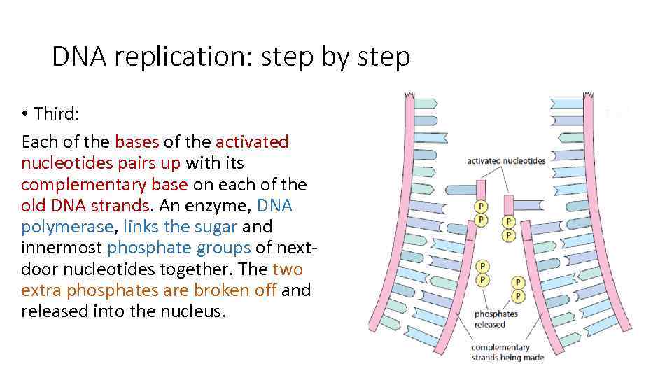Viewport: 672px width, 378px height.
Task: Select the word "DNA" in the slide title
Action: point(78,57)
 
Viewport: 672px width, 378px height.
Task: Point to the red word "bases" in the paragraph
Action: point(136,142)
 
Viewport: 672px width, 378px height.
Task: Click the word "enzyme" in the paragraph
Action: point(220,206)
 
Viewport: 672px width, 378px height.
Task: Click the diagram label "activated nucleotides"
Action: point(506,161)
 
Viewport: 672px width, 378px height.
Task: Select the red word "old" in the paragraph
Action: point(34,206)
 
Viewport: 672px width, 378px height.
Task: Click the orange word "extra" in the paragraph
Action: point(45,290)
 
